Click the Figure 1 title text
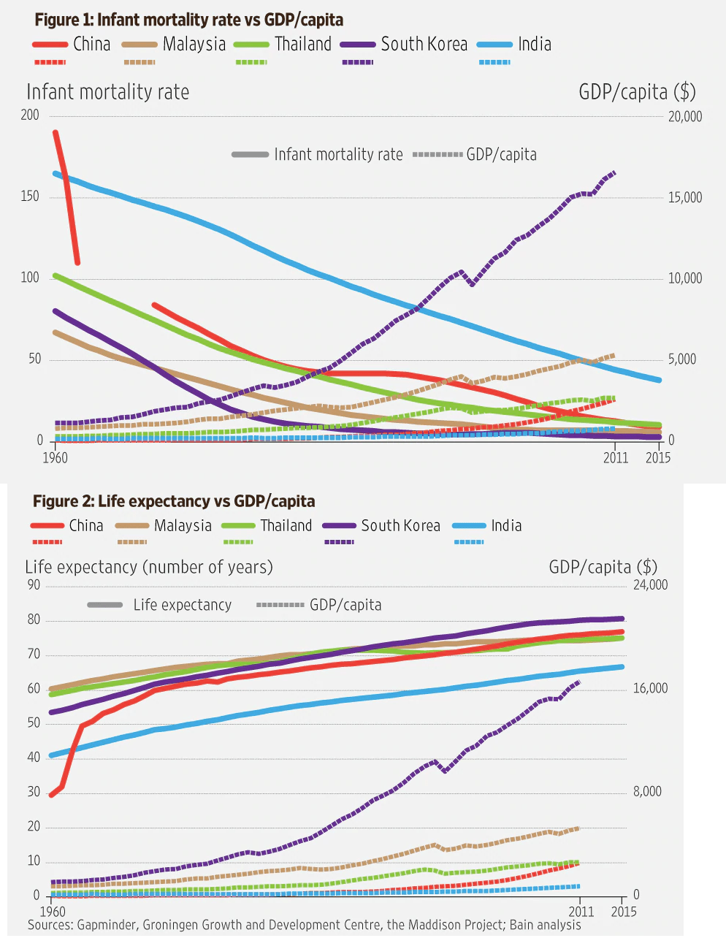[188, 20]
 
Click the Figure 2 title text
[174, 501]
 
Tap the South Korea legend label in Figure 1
[424, 44]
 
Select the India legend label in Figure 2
[506, 526]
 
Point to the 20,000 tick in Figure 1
[684, 116]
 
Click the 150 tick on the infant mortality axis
[30, 197]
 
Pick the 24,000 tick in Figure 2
[650, 585]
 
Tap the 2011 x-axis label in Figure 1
[616, 458]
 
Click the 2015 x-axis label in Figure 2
[623, 912]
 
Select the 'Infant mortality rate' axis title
[107, 92]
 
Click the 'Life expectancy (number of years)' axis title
[149, 567]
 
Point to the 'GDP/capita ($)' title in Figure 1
[637, 92]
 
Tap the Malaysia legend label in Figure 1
[194, 44]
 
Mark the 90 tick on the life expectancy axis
[33, 585]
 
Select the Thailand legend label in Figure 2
[286, 526]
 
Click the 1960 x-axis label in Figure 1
[56, 458]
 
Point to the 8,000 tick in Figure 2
[647, 792]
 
